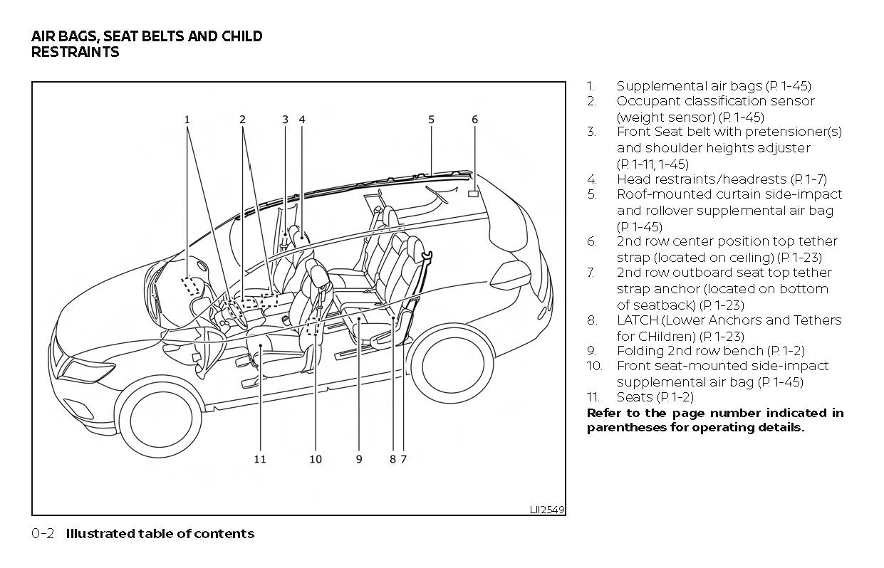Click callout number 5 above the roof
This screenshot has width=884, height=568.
pyautogui.click(x=432, y=120)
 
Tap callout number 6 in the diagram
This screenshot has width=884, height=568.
pyautogui.click(x=475, y=120)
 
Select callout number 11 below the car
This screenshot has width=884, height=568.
pyautogui.click(x=260, y=459)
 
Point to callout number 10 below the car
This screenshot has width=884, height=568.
pyautogui.click(x=316, y=459)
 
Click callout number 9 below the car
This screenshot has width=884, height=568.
pyautogui.click(x=359, y=459)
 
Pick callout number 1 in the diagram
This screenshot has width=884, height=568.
pyautogui.click(x=187, y=120)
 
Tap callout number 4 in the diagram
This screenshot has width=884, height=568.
pyautogui.click(x=302, y=120)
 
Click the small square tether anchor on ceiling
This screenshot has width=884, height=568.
pyautogui.click(x=473, y=193)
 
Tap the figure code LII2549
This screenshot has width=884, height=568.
pyautogui.click(x=547, y=510)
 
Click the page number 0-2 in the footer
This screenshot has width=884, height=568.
pyautogui.click(x=43, y=534)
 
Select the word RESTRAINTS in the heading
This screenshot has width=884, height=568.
pyautogui.click(x=75, y=52)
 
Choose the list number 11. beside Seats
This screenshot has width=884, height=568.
pyautogui.click(x=595, y=397)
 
